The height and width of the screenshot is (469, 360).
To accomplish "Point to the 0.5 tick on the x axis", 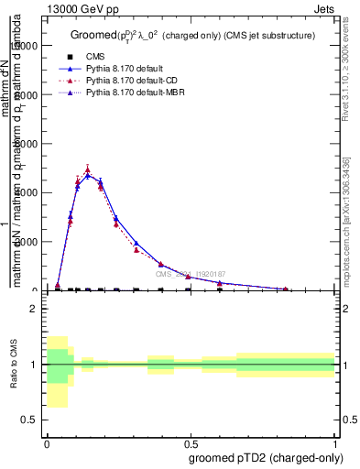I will [191, 442].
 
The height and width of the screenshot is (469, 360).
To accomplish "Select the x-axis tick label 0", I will [47, 442].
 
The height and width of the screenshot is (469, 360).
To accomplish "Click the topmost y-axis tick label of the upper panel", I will [27, 45].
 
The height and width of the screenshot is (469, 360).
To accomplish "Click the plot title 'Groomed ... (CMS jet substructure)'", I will [192, 35].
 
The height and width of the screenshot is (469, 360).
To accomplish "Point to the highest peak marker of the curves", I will [87, 169].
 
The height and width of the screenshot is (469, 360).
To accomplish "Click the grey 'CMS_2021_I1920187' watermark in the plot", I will [190, 274].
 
